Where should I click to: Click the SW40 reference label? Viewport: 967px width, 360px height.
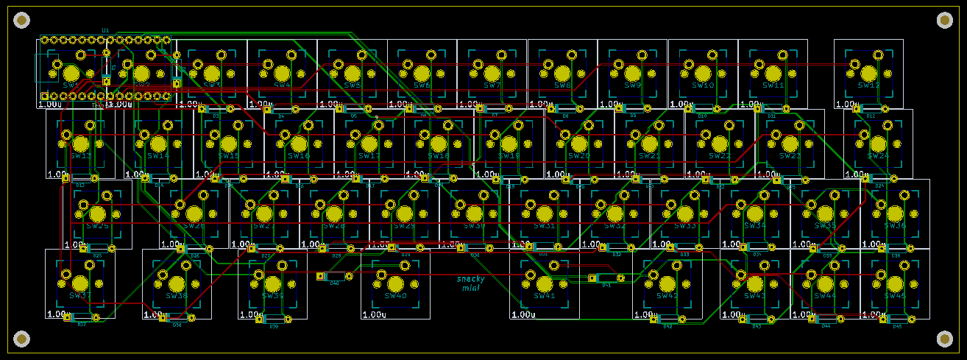click(396, 296)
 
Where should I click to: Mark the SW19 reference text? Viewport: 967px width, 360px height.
click(509, 156)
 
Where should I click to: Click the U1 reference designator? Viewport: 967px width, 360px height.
click(106, 30)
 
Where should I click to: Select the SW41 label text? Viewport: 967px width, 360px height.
click(545, 296)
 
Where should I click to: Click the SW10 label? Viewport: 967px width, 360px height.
click(703, 85)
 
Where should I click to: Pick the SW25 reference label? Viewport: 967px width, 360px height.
click(97, 226)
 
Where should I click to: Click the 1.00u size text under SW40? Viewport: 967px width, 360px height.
click(374, 314)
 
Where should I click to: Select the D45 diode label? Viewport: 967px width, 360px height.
click(897, 326)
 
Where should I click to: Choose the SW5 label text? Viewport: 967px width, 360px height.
click(352, 85)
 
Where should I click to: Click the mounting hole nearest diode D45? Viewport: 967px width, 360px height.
click(944, 338)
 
